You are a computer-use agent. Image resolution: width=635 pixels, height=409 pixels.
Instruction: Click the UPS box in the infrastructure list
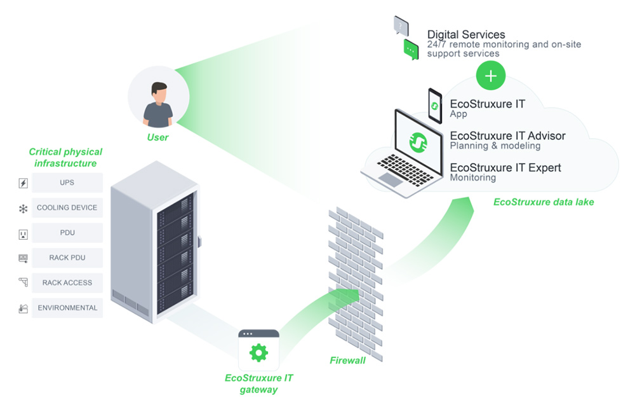tap(67, 183)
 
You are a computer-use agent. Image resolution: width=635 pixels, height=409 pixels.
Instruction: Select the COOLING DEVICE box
tap(67, 207)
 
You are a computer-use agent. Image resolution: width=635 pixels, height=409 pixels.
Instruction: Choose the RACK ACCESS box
tap(67, 283)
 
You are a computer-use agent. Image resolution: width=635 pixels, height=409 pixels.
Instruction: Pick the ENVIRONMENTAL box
tap(67, 308)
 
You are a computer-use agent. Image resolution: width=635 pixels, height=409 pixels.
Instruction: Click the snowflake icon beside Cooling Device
tap(23, 208)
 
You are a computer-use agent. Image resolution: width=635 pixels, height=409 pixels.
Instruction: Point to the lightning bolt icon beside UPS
tap(23, 183)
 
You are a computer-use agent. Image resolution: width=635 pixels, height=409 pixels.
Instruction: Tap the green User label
tap(158, 136)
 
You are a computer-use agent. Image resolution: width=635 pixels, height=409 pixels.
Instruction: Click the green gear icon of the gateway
tap(258, 352)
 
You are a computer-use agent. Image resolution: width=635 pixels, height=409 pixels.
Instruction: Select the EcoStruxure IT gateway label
tap(258, 383)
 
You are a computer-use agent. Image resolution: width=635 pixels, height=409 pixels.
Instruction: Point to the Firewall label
tap(347, 361)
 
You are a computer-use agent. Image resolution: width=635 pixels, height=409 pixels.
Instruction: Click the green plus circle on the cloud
tap(491, 76)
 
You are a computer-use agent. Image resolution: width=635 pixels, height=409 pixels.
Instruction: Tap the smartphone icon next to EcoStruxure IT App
tap(435, 106)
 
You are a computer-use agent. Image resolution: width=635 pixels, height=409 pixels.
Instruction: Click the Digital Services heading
tap(466, 35)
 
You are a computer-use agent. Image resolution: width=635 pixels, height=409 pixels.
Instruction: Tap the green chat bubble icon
tap(411, 49)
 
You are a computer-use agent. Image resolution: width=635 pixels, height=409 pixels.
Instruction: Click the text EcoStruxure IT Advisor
tap(507, 135)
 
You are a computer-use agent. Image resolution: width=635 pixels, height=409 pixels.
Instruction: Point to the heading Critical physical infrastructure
tap(65, 158)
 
